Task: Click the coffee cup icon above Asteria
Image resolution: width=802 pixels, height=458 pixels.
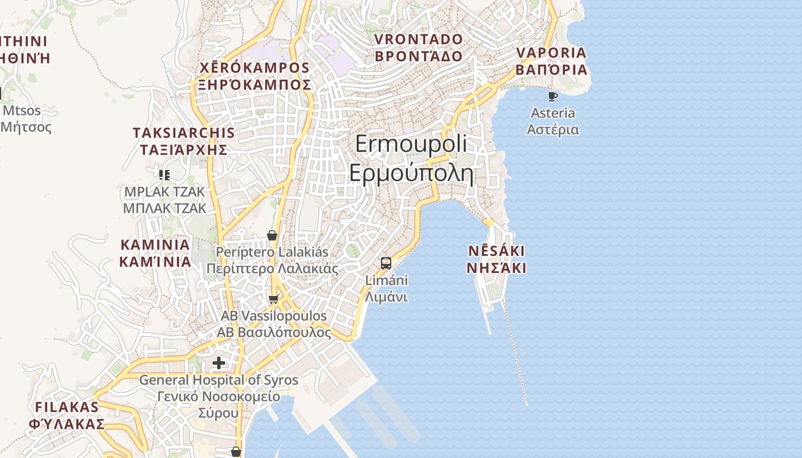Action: (552, 96)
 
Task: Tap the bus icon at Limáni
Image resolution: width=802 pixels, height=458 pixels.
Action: (386, 263)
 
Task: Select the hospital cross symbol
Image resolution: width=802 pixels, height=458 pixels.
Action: (219, 362)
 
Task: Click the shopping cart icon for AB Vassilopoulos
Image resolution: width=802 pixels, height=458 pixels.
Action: (274, 299)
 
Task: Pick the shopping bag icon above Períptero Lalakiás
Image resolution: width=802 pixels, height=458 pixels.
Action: (272, 235)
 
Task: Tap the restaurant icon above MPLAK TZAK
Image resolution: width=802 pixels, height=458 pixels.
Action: (164, 175)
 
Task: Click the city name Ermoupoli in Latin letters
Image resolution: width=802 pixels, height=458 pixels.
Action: (411, 144)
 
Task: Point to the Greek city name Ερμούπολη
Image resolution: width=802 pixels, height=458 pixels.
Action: (411, 173)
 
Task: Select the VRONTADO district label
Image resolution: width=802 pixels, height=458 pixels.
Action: (418, 40)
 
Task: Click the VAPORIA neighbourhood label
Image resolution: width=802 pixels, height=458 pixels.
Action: (551, 53)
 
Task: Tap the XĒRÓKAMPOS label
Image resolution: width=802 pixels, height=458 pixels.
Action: (254, 68)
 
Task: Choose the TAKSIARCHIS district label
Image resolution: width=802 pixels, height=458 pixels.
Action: (183, 133)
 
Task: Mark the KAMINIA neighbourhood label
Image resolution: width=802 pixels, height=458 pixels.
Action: (155, 244)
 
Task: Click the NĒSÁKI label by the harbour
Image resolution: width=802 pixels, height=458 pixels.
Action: (496, 251)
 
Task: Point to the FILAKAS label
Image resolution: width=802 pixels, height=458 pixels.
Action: (67, 407)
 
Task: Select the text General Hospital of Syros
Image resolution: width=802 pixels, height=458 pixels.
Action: (219, 380)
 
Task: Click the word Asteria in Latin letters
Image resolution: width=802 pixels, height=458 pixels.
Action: (553, 113)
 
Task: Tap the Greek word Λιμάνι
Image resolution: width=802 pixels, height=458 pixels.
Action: (386, 297)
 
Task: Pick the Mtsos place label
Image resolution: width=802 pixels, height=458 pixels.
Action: (22, 110)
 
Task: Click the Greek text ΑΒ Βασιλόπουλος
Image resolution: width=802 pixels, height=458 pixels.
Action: (274, 332)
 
